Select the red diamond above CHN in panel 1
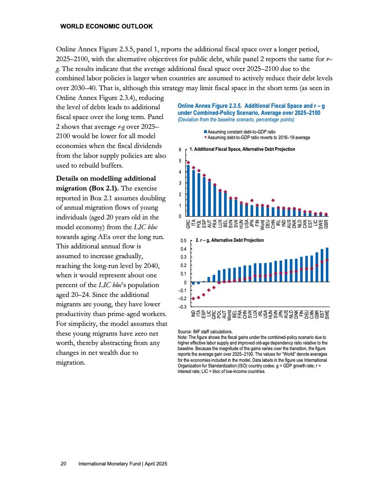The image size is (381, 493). (x=273, y=200)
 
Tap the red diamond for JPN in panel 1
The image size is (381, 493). (x=252, y=200)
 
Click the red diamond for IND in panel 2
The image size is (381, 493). (x=193, y=299)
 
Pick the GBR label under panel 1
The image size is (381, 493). (x=326, y=224)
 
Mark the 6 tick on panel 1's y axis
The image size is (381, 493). (x=180, y=149)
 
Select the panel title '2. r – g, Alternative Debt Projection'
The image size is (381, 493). (x=230, y=240)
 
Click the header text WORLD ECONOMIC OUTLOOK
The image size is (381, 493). (x=106, y=27)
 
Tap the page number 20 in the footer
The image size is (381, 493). (x=63, y=464)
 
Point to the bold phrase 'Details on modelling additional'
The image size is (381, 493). (x=105, y=178)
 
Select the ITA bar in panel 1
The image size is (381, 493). (x=193, y=193)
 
